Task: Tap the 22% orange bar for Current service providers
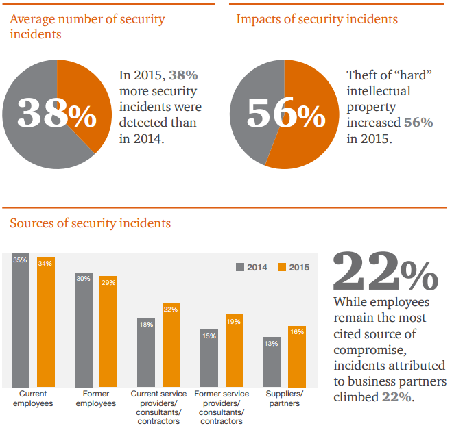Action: click(x=171, y=345)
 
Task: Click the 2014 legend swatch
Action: click(x=240, y=267)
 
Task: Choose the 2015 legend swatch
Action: click(x=282, y=267)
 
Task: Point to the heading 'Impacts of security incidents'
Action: click(x=316, y=19)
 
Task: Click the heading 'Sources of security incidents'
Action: click(x=90, y=223)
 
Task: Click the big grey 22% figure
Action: click(x=385, y=272)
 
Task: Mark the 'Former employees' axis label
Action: click(x=96, y=399)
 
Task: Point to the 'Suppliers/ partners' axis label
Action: click(x=284, y=399)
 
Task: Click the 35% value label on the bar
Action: click(x=20, y=260)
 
